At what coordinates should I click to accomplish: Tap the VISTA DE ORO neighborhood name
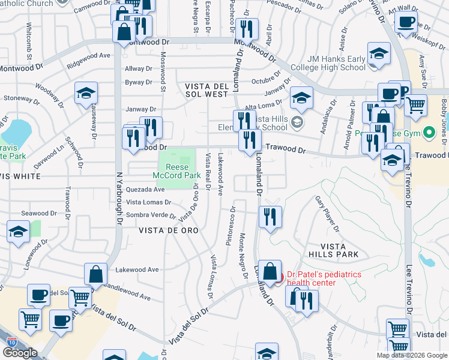point(169,230)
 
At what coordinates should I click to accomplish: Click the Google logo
point(20,353)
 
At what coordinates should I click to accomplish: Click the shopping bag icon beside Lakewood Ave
point(95,274)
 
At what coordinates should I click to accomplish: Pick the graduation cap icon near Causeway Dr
point(86,92)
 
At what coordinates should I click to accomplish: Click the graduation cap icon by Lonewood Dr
point(18,232)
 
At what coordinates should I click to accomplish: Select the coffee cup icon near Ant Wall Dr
point(406,22)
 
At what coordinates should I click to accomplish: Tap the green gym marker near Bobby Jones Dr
point(429,132)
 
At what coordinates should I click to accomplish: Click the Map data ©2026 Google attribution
point(412,355)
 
